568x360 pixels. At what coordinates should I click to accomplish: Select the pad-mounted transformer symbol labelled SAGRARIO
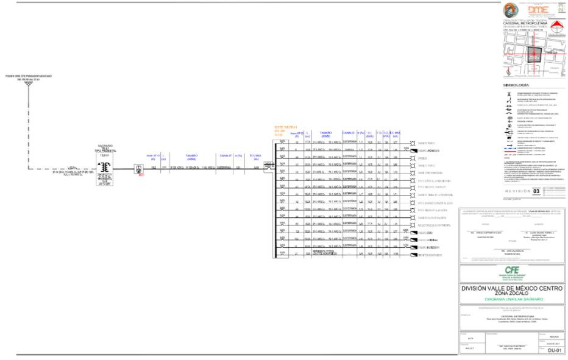point(105,168)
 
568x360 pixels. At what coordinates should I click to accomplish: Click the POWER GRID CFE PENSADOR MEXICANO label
point(29,76)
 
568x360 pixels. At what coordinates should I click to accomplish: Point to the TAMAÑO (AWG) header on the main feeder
point(191,156)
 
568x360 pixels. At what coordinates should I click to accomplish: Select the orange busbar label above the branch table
point(284,130)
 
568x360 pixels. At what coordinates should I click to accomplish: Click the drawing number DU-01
point(553,351)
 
